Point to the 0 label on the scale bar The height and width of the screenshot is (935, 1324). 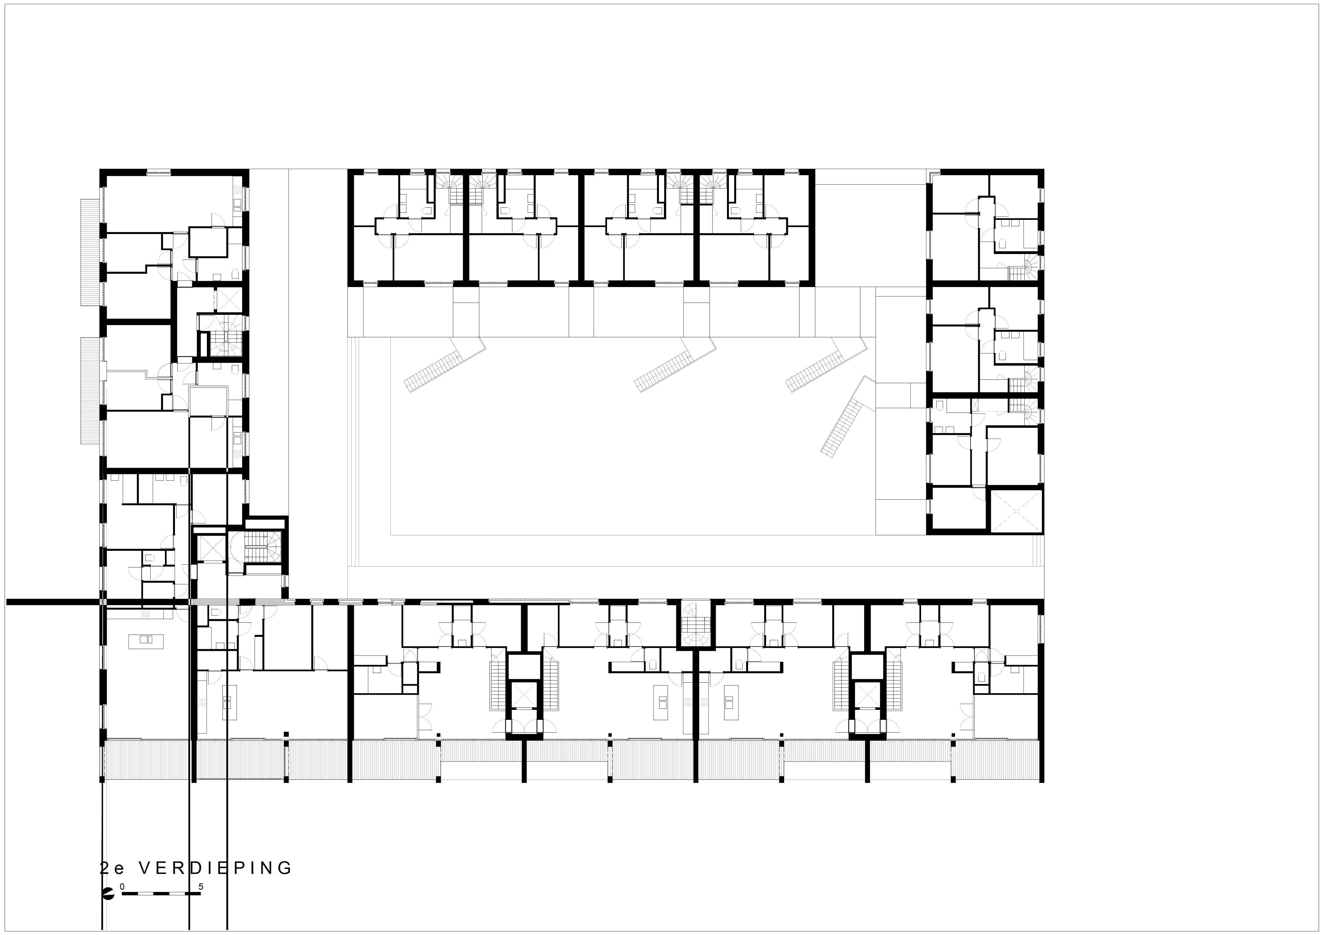click(122, 886)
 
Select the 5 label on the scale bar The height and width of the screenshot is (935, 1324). click(201, 886)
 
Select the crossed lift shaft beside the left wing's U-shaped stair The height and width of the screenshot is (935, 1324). click(212, 548)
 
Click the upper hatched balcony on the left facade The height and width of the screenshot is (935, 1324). click(91, 252)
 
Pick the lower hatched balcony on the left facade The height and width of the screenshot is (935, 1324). click(91, 391)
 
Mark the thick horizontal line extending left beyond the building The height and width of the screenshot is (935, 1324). click(55, 602)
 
